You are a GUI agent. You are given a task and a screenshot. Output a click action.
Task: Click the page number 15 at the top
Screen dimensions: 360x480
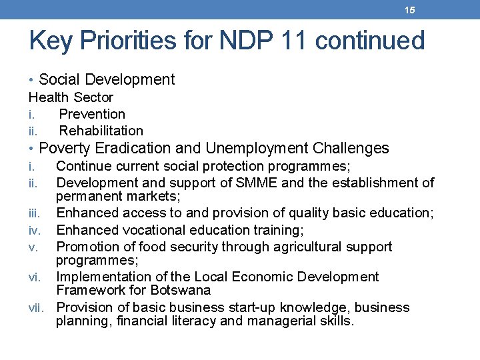pos(409,10)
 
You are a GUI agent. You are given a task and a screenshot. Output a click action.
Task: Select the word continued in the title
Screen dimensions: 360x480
pos(370,41)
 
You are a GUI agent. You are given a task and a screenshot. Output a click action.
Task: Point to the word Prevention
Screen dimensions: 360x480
pos(92,114)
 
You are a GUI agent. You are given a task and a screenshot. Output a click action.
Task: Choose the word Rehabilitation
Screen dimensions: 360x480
pos(101,131)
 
